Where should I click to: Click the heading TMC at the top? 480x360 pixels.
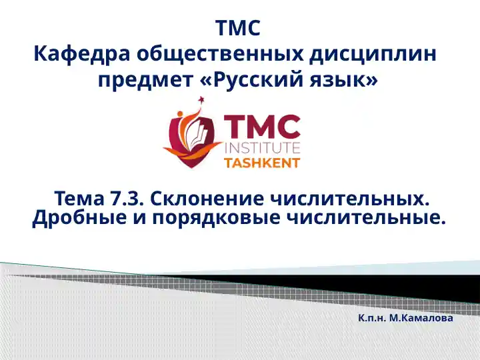[x=239, y=29]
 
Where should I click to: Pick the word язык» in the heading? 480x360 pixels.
[x=346, y=80]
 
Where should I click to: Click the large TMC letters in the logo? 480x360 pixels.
[x=261, y=126]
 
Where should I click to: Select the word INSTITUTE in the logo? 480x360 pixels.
[x=262, y=147]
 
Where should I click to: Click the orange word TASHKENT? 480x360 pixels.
[x=261, y=163]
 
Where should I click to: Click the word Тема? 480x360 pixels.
[x=78, y=198]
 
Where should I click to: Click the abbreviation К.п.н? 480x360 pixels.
[x=372, y=318]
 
